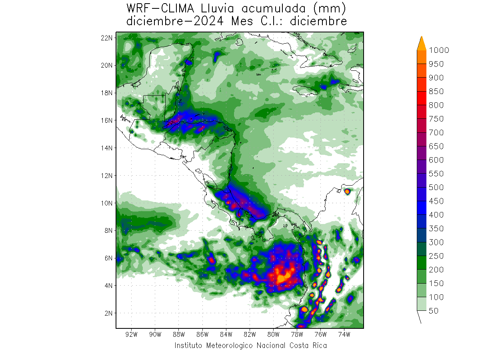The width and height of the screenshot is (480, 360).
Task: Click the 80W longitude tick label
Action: tap(274, 334)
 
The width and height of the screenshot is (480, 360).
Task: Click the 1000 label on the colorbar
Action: tap(439, 50)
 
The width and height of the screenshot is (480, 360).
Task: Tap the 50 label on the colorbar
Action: tap(433, 310)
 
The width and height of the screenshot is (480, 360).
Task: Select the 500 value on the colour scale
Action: tap(436, 187)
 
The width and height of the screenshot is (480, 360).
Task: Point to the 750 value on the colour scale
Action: tap(436, 119)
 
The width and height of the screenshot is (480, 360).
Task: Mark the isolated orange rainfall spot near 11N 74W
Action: tap(347, 192)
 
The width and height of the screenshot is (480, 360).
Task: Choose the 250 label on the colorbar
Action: tap(436, 256)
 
